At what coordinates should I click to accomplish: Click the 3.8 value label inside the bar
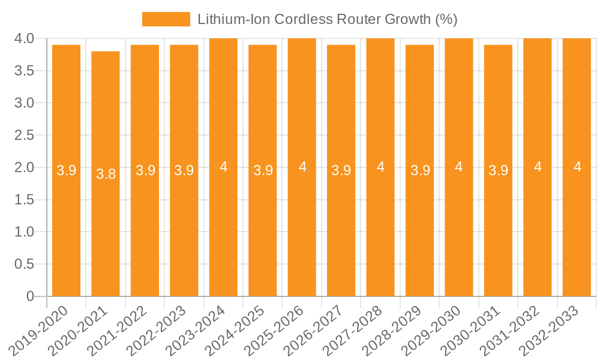106,174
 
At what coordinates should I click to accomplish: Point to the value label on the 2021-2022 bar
145,170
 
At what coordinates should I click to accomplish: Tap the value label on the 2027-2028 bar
380,167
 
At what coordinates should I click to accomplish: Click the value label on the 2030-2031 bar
498,170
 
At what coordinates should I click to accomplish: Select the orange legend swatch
166,19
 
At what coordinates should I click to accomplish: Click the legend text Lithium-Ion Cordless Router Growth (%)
328,19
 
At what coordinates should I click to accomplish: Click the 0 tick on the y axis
31,296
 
